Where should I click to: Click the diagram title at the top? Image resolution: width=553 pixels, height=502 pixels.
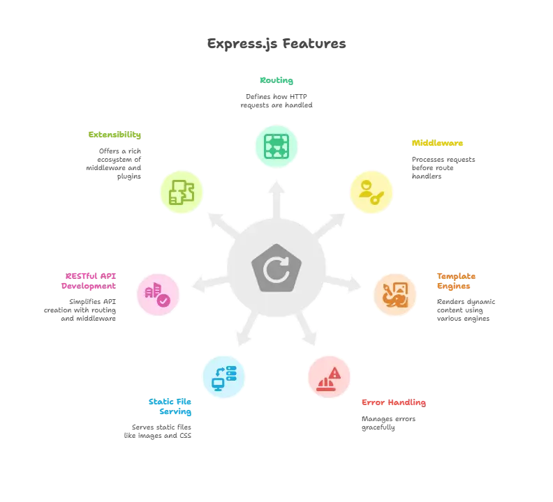coord(276,44)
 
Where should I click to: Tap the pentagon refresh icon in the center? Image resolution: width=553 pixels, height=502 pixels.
coord(276,267)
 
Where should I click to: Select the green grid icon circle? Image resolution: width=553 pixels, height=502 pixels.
coord(276,146)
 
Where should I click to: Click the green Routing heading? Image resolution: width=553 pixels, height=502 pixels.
coord(276,79)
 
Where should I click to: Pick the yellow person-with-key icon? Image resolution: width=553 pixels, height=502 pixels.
coord(370,193)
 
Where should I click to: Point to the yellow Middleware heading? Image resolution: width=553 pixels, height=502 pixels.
coord(436,144)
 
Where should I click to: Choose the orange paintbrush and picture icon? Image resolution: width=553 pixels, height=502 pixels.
coord(395,294)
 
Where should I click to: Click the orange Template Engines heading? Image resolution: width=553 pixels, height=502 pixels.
coord(457,280)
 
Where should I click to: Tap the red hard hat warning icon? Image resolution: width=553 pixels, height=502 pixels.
coord(330,378)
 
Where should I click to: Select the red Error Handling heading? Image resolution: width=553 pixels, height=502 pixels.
coord(393,402)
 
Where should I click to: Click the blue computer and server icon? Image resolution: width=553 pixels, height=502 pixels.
coord(223,376)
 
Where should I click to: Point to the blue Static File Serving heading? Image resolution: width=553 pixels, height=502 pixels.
coord(170,406)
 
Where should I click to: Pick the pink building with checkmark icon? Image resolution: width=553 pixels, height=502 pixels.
coord(158,294)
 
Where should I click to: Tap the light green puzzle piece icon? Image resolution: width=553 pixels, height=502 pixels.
coord(182,192)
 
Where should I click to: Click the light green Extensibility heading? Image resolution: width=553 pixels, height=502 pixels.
coord(115,134)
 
